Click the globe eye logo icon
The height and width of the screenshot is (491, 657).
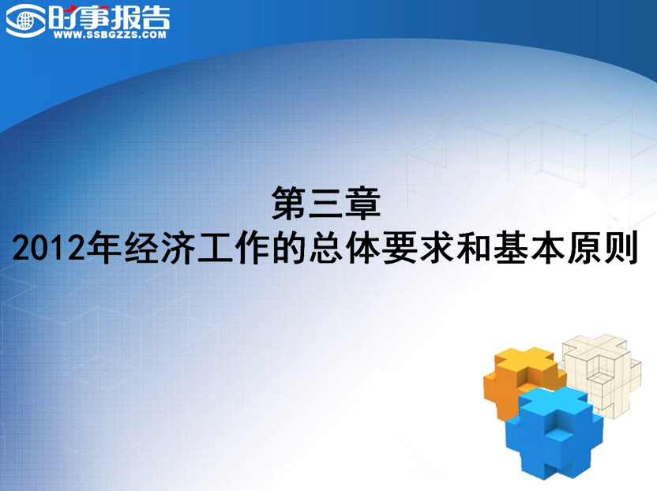25,20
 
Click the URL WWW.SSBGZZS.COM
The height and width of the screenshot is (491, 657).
110,36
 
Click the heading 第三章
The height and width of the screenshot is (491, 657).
326,203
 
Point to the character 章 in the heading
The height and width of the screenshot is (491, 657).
363,203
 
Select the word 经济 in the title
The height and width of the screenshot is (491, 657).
160,247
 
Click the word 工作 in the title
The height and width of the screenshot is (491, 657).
234,247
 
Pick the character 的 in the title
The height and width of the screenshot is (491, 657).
289,247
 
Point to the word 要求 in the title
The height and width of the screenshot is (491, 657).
419,247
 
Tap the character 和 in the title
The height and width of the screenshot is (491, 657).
475,247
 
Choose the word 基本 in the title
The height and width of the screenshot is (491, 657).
529,247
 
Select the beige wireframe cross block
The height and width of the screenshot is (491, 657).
603,373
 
